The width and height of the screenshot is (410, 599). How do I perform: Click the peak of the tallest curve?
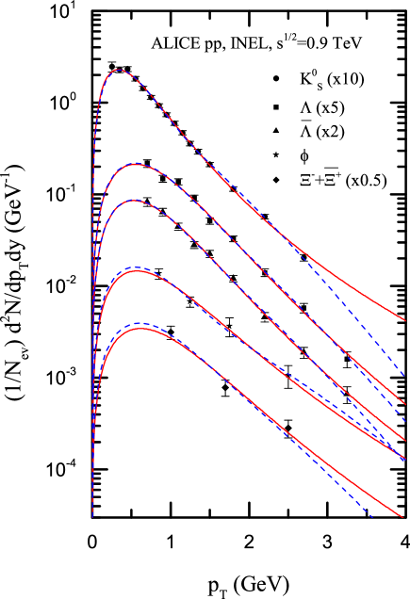pos(118,70)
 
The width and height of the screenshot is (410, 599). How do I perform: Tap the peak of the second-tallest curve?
pos(137,164)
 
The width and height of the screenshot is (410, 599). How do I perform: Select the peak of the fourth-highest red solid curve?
pos(138,271)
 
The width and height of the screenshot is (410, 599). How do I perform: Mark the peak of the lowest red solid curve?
pos(141,329)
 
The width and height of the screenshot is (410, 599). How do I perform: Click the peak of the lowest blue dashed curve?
pos(139,324)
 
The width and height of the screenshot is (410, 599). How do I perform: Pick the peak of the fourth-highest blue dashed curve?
pos(136,267)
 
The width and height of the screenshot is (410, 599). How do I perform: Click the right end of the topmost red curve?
pos(405,321)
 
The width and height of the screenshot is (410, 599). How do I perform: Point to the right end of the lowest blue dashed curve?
pos(373,517)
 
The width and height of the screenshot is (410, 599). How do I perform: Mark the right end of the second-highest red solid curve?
pos(405,404)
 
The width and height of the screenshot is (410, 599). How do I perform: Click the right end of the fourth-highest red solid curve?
pos(405,460)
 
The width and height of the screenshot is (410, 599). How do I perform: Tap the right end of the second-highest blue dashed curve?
pos(405,420)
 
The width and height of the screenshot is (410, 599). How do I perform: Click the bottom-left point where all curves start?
pos(93,517)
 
